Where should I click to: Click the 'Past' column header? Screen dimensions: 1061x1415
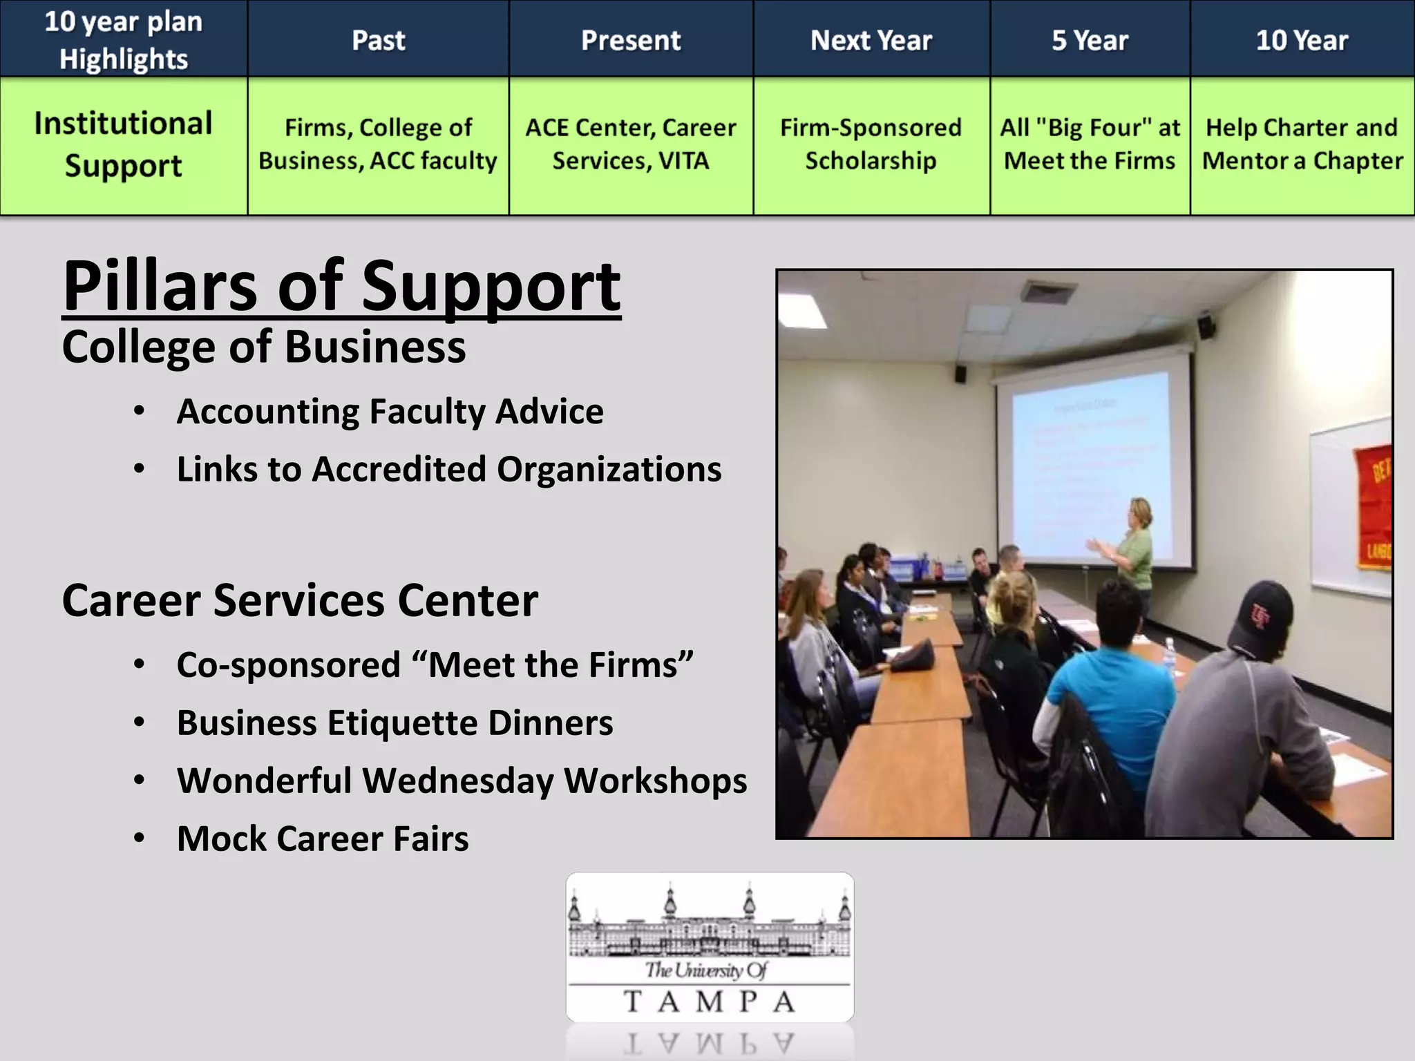point(378,39)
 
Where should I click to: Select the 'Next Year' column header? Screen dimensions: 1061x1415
point(871,39)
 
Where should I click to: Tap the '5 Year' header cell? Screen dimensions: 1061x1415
point(1090,39)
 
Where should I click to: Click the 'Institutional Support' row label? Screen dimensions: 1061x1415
point(123,144)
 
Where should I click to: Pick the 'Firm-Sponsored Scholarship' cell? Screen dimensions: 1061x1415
point(871,144)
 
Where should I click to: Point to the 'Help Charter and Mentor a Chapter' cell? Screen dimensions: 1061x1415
point(1302,144)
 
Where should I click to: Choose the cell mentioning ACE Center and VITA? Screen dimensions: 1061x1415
point(630,144)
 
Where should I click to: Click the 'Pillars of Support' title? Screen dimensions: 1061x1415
point(341,285)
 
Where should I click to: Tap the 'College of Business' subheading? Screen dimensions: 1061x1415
point(263,347)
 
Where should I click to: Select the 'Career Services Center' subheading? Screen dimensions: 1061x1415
point(299,600)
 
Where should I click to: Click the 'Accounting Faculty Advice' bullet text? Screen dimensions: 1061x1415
point(390,412)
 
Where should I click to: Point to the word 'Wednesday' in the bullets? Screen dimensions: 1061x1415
point(457,781)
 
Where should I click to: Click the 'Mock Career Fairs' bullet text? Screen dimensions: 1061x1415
point(322,839)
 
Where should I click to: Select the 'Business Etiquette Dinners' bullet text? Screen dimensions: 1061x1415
point(394,723)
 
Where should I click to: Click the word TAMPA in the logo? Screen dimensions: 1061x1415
point(710,1001)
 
